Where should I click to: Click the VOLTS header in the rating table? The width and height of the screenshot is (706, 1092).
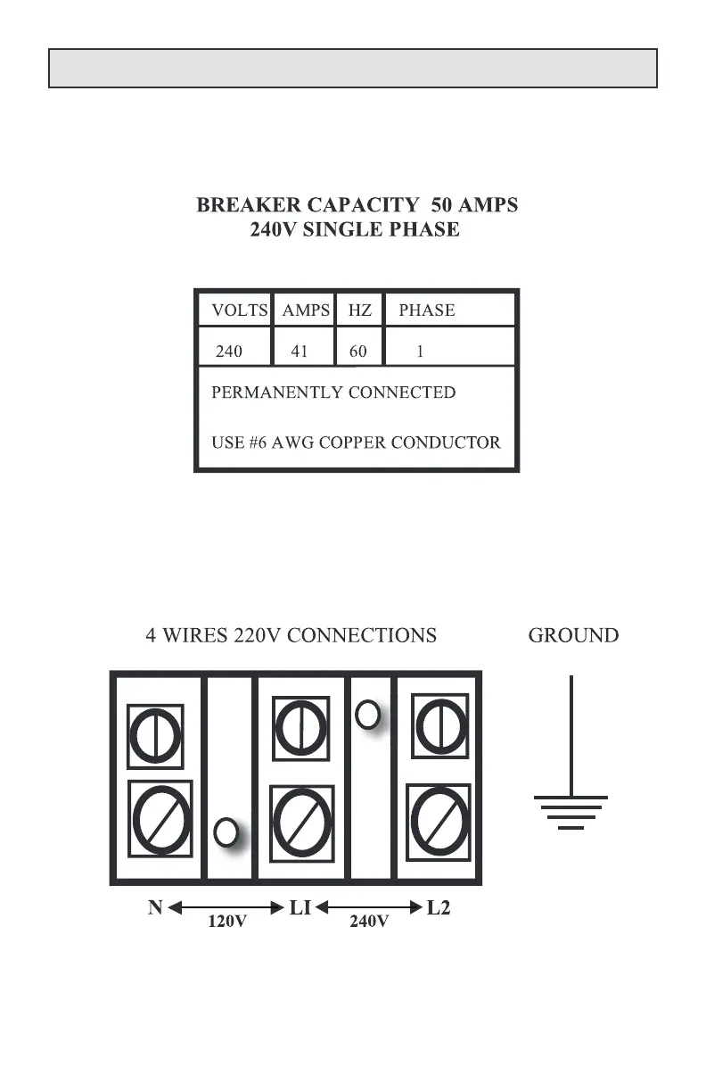tap(239, 310)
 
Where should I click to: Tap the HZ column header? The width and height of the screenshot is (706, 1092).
tap(359, 310)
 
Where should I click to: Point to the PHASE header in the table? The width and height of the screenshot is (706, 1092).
tap(426, 310)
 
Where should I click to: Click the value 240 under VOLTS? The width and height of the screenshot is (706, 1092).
tap(229, 352)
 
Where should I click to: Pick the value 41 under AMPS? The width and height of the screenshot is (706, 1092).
tap(300, 352)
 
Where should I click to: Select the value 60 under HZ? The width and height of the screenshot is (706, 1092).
tap(358, 352)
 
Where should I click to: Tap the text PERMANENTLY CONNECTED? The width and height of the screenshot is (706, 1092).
tap(333, 393)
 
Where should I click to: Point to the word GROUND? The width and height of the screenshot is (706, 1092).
tap(573, 635)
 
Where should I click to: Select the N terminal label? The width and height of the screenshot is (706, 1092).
tap(155, 908)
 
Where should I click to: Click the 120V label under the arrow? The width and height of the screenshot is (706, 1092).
tap(227, 922)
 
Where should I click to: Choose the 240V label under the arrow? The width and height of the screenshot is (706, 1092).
tap(368, 922)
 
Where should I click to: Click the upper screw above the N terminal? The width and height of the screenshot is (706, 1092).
tap(156, 735)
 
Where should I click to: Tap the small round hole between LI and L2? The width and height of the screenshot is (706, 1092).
tap(367, 713)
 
